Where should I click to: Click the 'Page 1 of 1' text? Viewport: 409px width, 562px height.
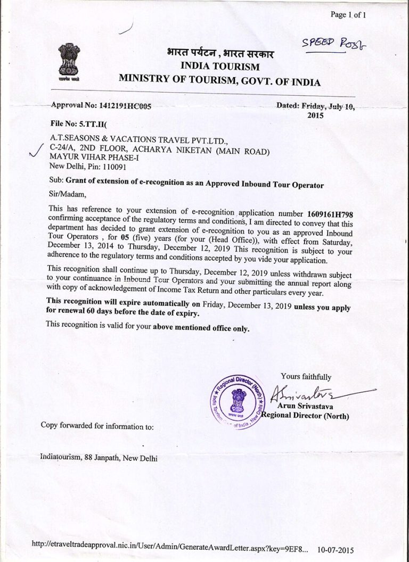click(351, 15)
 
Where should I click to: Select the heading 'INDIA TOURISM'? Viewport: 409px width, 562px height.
click(220, 67)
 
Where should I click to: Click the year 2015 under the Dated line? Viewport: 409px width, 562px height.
click(316, 115)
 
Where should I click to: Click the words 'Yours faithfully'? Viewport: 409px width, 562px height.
click(306, 377)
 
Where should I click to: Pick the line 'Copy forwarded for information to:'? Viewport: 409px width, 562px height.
click(97, 426)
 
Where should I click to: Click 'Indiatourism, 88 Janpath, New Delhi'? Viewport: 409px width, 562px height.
click(99, 458)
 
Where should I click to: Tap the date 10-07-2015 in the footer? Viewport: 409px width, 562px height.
click(334, 550)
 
